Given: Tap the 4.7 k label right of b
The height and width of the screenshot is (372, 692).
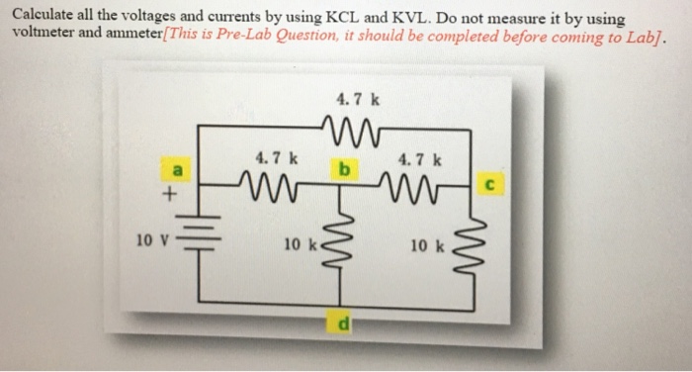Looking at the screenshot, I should [x=419, y=157].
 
